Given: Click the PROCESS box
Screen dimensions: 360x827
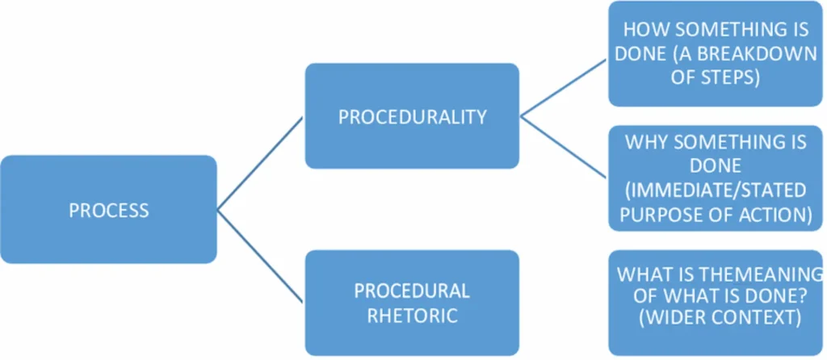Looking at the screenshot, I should pos(108,210).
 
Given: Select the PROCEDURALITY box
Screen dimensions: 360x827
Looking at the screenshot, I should pos(412,116).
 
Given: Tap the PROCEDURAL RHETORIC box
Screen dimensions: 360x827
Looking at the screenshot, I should pos(412,303).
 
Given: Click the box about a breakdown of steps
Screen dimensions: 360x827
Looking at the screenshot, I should pos(715,53).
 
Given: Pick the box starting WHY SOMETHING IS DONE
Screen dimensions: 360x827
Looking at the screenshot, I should pos(715,178).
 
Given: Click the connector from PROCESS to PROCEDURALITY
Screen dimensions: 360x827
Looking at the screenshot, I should pos(260,163).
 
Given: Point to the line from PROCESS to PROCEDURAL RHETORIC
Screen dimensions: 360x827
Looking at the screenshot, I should pos(260,257).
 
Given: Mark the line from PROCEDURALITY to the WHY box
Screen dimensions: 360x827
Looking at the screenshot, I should pos(564,147).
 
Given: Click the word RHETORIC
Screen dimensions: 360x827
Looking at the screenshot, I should pos(412,316).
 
